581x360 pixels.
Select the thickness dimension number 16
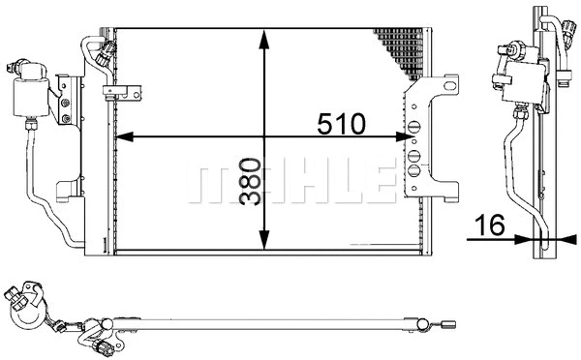[x=491, y=226]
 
